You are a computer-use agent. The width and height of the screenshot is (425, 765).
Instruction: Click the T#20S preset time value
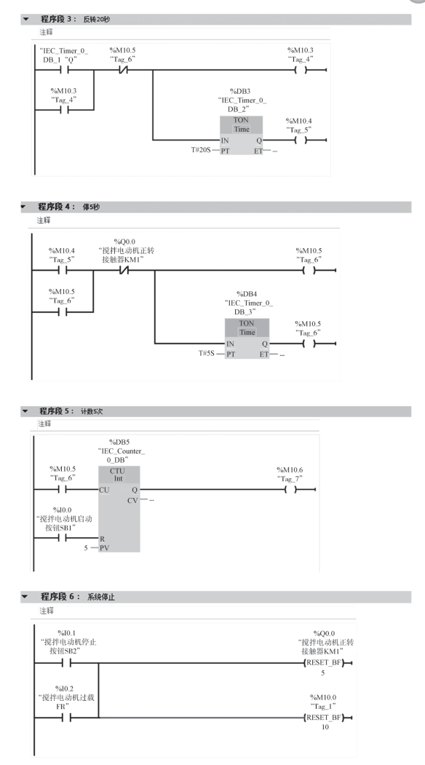click(201, 150)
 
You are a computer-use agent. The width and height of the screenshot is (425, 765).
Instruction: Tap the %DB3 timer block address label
click(240, 91)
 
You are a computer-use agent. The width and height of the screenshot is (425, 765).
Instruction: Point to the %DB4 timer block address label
click(247, 294)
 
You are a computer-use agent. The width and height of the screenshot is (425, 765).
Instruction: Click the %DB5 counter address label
click(119, 442)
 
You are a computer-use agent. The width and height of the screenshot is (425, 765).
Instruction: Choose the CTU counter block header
click(119, 475)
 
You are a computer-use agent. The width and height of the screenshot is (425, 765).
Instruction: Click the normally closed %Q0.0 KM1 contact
click(124, 270)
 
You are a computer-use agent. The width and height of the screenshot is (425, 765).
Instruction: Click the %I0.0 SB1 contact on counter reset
click(62, 538)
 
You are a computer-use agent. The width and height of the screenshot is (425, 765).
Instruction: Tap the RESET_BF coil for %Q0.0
click(325, 663)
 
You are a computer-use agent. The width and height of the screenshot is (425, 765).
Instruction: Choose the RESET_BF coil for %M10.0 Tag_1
click(325, 718)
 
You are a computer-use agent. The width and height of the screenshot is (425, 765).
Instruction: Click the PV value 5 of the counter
click(86, 548)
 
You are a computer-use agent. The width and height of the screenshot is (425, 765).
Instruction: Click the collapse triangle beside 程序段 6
click(25, 597)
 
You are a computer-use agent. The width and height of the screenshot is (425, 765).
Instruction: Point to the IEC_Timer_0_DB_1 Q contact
click(64, 70)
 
